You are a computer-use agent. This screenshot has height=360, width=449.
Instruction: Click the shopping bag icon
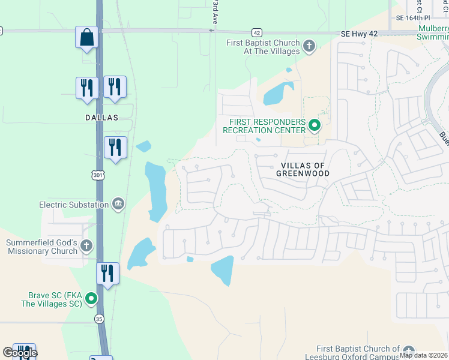click(86, 37)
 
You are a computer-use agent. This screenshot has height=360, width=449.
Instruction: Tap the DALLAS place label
click(101, 118)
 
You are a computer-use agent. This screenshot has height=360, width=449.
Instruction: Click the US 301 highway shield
click(98, 175)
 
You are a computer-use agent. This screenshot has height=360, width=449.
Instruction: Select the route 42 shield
click(256, 32)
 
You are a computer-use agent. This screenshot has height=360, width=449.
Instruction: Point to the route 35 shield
click(98, 319)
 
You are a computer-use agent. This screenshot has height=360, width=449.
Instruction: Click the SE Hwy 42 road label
click(359, 34)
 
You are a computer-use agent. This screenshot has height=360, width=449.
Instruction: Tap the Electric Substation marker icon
click(118, 205)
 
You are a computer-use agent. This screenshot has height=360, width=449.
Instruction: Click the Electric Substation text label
click(74, 205)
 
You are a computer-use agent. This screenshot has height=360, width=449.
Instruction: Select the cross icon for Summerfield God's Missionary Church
click(86, 245)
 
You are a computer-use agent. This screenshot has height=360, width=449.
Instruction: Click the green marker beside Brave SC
click(91, 298)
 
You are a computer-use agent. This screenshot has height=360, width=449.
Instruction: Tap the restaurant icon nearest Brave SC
click(107, 274)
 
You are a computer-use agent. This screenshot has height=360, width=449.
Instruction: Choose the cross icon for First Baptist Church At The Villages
click(309, 46)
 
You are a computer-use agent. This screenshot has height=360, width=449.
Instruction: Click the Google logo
click(19, 353)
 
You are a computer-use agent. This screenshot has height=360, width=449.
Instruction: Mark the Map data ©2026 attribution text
click(423, 355)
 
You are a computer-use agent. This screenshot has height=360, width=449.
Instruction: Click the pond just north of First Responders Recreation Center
click(277, 93)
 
